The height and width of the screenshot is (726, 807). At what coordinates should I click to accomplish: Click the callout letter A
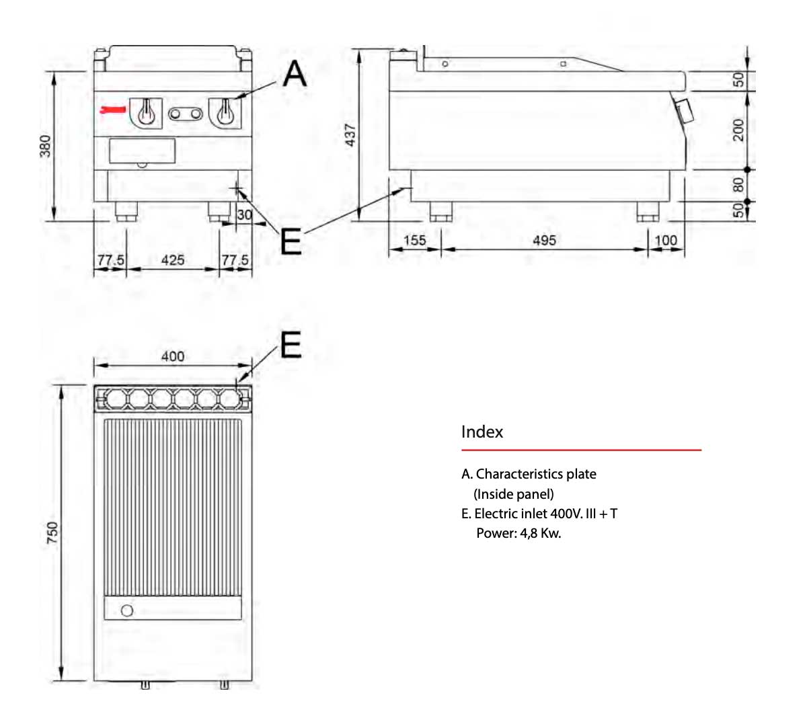pos(295,74)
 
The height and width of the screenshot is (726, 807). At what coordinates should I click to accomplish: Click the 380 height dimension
pos(46,146)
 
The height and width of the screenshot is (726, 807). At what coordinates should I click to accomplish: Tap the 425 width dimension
pos(173,260)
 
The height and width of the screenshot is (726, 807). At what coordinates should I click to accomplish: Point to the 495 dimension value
pos(544,241)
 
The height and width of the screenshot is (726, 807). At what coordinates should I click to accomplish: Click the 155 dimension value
pos(415,241)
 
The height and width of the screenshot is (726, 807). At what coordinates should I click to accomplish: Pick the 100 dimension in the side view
pos(666,241)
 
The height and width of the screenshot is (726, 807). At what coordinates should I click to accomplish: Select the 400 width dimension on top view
pos(173,356)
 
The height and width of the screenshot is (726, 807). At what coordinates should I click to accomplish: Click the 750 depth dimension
pos(52,533)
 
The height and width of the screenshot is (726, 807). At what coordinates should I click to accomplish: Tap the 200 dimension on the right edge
pos(738,130)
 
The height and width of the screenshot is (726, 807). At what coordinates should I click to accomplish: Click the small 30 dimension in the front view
pos(245,215)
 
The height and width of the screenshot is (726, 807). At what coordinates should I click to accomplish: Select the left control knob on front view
pos(146,112)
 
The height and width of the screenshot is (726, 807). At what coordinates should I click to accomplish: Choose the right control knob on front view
pos(226,112)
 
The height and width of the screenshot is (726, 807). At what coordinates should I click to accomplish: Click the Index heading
pos(482,432)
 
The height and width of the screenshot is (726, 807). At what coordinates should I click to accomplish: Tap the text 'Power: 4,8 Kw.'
pos(518,534)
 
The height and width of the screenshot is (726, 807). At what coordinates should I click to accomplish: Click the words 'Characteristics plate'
pos(536,474)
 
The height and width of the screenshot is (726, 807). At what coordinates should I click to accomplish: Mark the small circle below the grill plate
pos(127,610)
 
